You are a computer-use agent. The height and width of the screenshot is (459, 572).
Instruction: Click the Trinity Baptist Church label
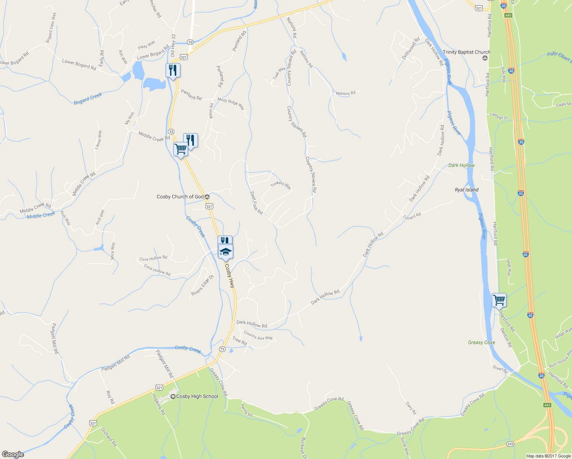(x=466, y=52)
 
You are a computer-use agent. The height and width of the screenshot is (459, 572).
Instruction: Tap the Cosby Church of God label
(x=180, y=197)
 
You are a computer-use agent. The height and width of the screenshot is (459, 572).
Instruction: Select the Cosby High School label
(x=197, y=396)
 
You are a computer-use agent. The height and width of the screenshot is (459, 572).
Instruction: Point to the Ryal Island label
(x=466, y=190)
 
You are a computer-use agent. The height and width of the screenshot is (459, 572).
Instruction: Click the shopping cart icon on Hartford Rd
(x=499, y=300)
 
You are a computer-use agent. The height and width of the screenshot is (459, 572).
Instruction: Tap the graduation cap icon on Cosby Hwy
(x=226, y=251)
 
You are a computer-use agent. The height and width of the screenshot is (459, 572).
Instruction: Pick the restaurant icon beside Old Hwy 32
(x=173, y=70)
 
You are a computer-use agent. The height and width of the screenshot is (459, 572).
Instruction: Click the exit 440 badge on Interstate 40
(x=508, y=15)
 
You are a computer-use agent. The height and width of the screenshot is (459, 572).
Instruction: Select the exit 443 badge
(x=546, y=405)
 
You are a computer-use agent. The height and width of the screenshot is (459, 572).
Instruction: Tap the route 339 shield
(x=510, y=444)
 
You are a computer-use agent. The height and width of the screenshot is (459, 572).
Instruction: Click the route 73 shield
(x=222, y=349)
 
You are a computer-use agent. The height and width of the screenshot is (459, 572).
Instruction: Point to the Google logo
(x=13, y=454)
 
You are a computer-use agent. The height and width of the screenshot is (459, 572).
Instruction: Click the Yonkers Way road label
(x=281, y=186)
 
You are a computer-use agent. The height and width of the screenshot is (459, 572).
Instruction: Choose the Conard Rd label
(x=412, y=216)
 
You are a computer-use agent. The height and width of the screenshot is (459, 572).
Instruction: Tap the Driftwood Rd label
(x=411, y=48)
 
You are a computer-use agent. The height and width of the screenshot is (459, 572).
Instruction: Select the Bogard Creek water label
(x=88, y=99)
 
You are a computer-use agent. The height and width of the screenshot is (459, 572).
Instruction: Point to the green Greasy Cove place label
(x=481, y=342)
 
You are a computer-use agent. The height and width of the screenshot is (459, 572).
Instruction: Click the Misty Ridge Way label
(x=231, y=103)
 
